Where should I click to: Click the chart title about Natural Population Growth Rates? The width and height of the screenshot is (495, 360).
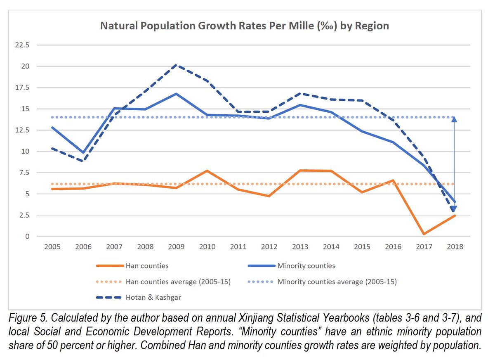(245, 26)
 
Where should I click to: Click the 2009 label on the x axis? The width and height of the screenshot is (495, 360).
(176, 246)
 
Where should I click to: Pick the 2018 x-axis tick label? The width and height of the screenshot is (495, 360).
(455, 246)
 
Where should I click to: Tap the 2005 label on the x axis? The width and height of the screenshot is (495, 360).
(52, 246)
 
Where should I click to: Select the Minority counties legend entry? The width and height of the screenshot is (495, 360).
(306, 266)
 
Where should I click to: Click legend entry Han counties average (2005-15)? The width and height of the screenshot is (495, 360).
(178, 282)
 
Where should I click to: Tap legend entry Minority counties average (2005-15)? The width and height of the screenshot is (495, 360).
(337, 282)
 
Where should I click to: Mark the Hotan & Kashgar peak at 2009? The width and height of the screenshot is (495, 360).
(177, 65)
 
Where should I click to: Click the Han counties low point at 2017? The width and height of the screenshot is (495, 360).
(424, 234)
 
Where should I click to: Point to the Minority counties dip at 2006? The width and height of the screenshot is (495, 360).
(83, 153)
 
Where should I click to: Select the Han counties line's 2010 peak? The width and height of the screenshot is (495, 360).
(207, 171)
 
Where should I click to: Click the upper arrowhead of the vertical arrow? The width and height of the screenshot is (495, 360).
(455, 119)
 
